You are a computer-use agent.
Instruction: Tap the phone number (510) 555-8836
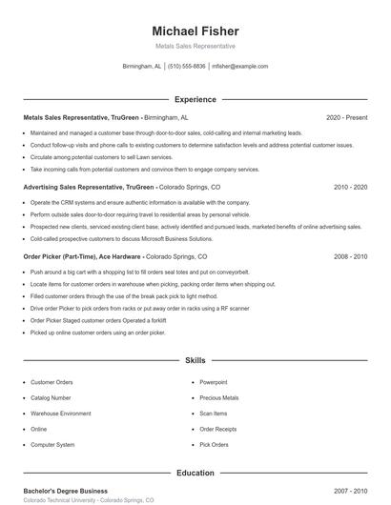pos(187,67)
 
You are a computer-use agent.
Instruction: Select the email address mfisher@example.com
pos(239,67)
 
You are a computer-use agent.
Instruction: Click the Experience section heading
pos(195,99)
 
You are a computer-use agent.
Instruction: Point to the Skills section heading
pos(195,361)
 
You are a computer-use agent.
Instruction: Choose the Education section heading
pos(195,473)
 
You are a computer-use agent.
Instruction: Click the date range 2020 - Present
pos(346,118)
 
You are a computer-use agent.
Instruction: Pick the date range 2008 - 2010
pos(350,257)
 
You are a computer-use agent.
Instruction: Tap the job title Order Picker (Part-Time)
pos(58,257)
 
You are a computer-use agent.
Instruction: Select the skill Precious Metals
pos(218,397)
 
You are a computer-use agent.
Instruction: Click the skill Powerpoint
pos(214,382)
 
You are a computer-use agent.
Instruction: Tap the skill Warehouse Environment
pos(61,414)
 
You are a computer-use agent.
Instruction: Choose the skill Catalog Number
pos(51,397)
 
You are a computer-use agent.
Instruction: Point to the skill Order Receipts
pos(217,429)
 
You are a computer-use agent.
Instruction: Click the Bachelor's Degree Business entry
pos(65,491)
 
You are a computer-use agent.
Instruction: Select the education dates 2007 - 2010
pos(350,491)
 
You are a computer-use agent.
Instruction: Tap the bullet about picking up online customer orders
pos(97,333)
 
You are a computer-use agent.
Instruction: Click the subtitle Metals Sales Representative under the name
pos(195,46)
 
